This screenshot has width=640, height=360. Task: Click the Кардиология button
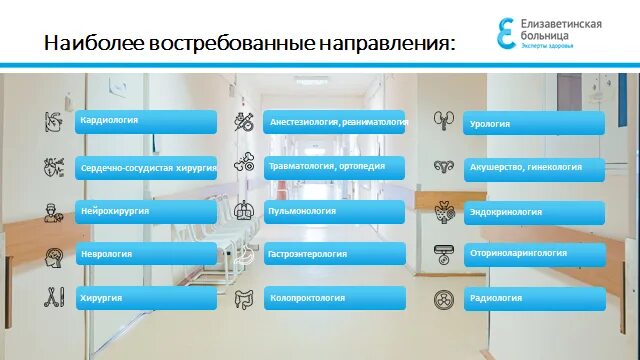point(145,121)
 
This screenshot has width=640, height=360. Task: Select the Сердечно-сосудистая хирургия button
point(145,169)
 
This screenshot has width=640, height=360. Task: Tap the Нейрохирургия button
point(145,212)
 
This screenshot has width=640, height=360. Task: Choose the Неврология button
point(145,255)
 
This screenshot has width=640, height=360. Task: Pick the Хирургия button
point(145,298)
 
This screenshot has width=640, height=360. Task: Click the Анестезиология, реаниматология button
point(334,122)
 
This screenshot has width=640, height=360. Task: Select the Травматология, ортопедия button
point(334,167)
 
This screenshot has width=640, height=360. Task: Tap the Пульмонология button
point(334,212)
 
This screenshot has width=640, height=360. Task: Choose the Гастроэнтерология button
point(334,255)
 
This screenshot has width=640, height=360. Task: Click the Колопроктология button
point(334,298)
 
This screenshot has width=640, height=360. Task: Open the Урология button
point(534,123)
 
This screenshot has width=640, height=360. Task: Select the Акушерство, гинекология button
point(534,167)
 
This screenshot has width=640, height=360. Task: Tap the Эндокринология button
point(534,212)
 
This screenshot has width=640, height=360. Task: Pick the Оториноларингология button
point(534,255)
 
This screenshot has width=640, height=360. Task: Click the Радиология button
point(534,298)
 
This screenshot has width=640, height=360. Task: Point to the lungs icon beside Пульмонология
point(244,211)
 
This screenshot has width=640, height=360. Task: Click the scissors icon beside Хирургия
point(53,297)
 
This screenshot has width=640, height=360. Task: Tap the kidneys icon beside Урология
point(444,121)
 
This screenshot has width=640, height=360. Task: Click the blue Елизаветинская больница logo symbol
point(505,32)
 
